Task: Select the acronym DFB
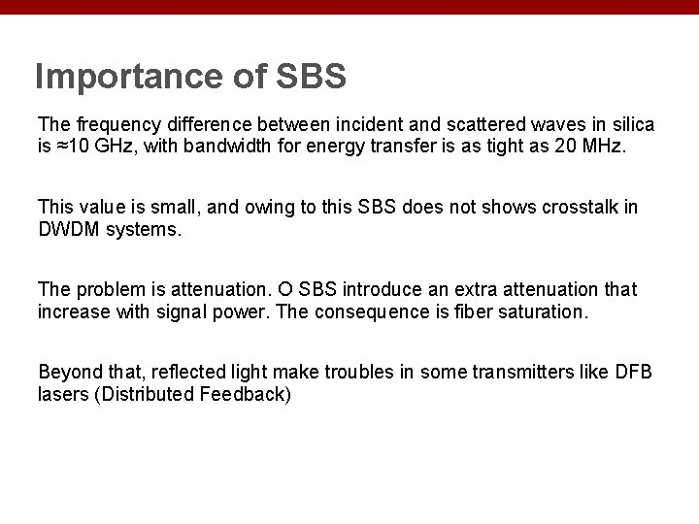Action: click(x=637, y=372)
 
